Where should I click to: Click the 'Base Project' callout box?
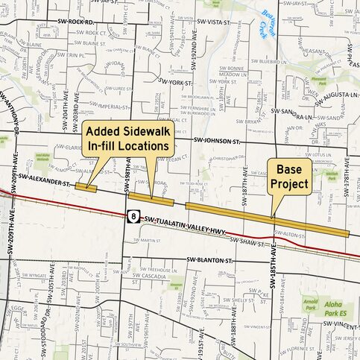(288, 175)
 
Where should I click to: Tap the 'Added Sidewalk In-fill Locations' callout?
(128, 138)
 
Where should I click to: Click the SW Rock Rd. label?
(80, 22)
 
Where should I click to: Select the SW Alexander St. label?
(44, 179)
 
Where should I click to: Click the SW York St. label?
(176, 82)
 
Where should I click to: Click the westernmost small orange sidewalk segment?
(86, 187)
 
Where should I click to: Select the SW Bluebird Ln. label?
(271, 53)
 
